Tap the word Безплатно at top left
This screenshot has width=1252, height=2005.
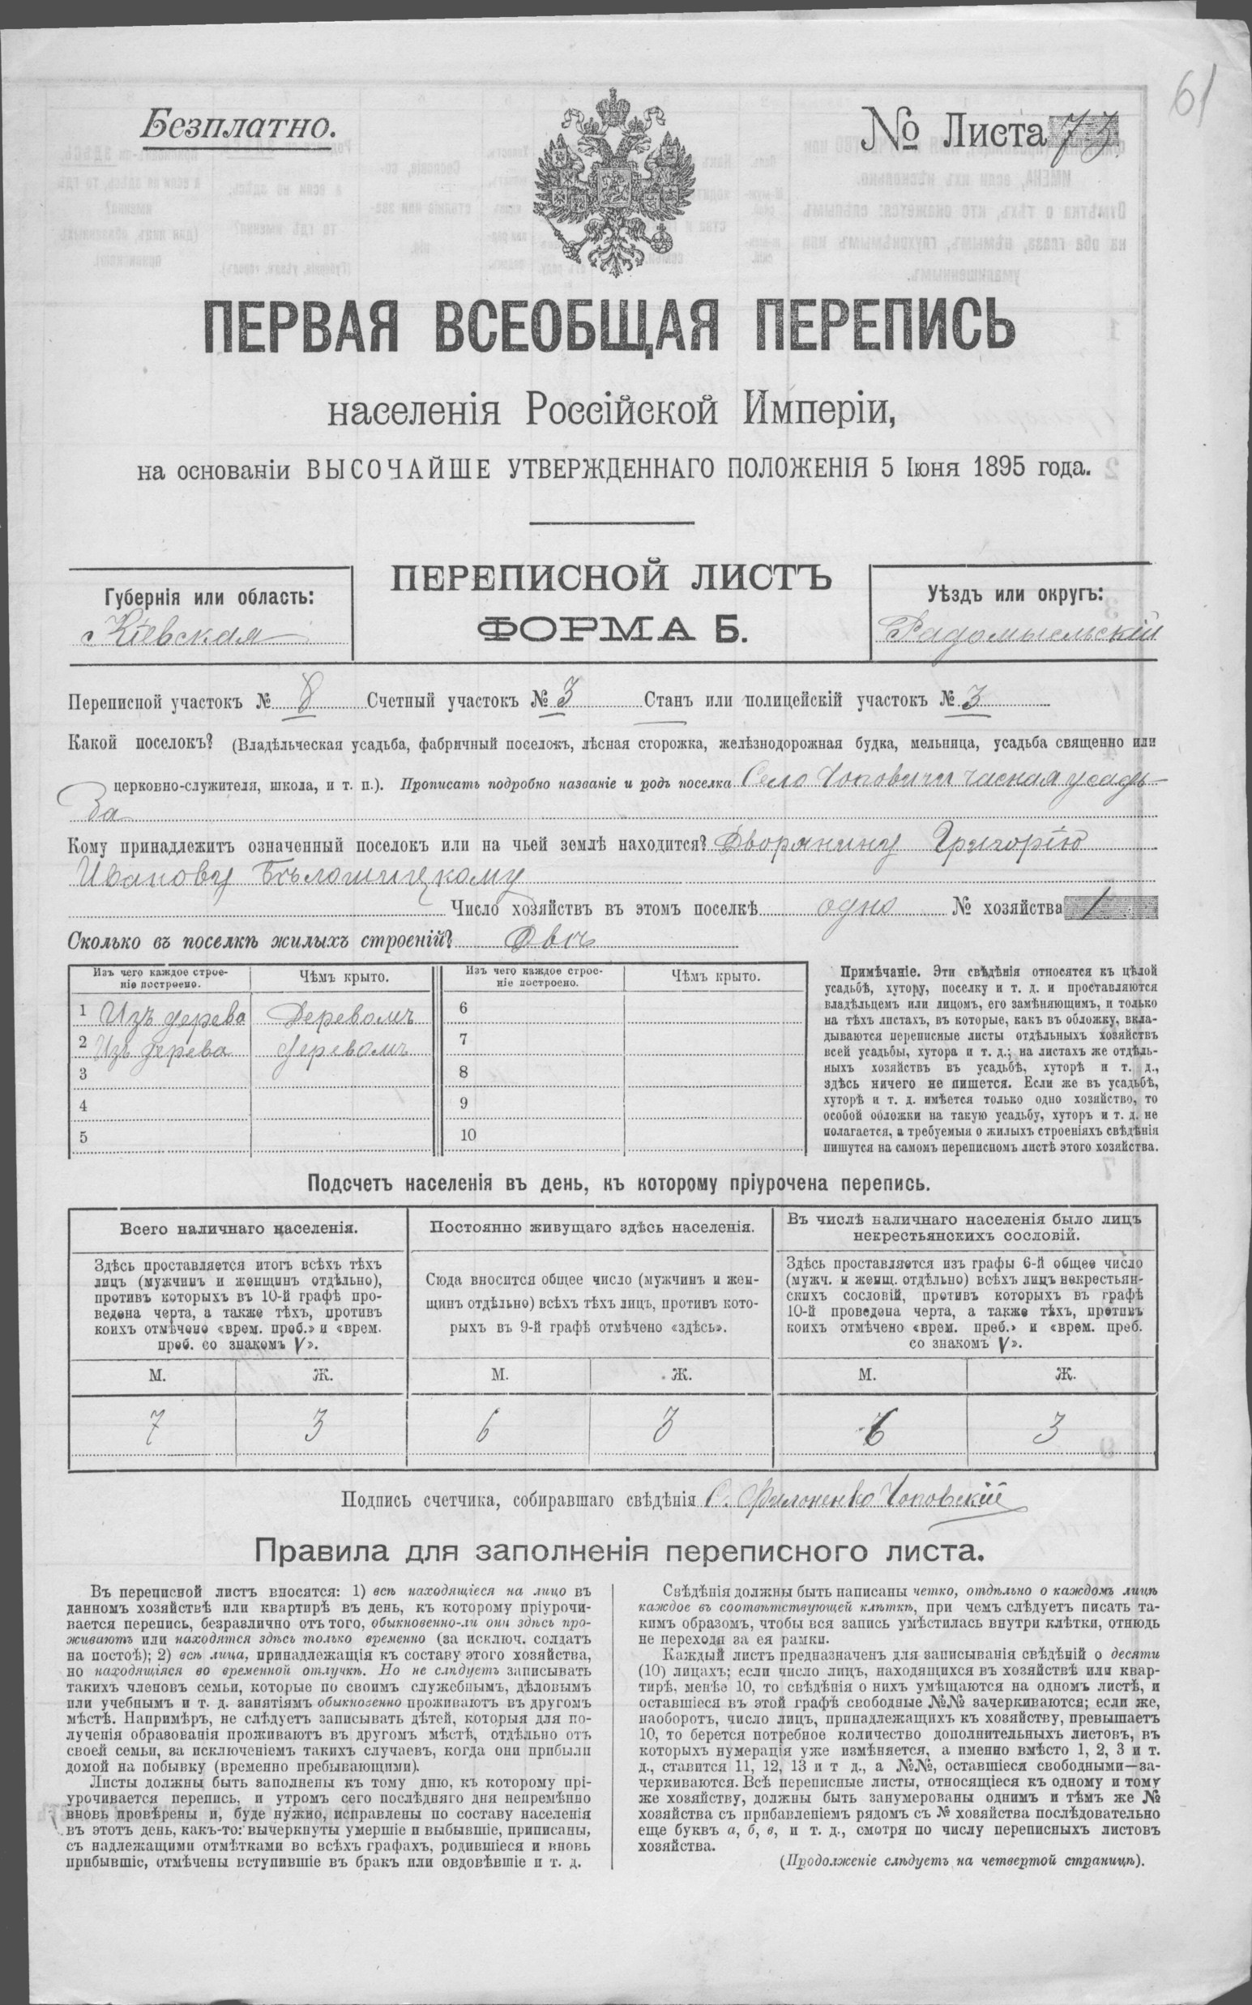237,126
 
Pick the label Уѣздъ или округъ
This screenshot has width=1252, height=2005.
1015,594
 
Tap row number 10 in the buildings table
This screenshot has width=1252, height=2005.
468,1135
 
